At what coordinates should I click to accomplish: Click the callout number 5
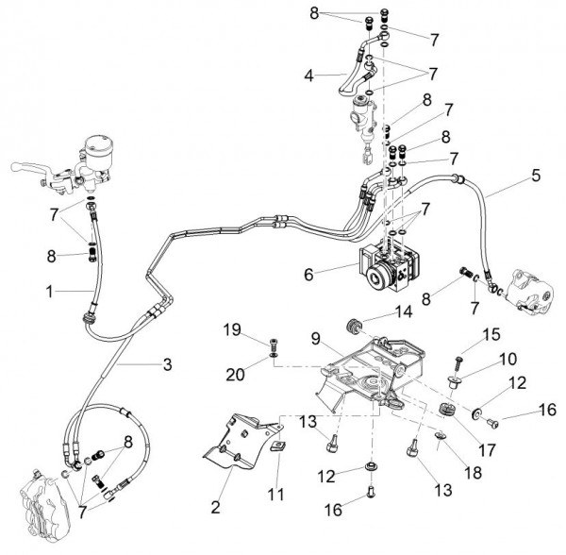[536, 175]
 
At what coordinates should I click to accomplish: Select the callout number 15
[491, 334]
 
